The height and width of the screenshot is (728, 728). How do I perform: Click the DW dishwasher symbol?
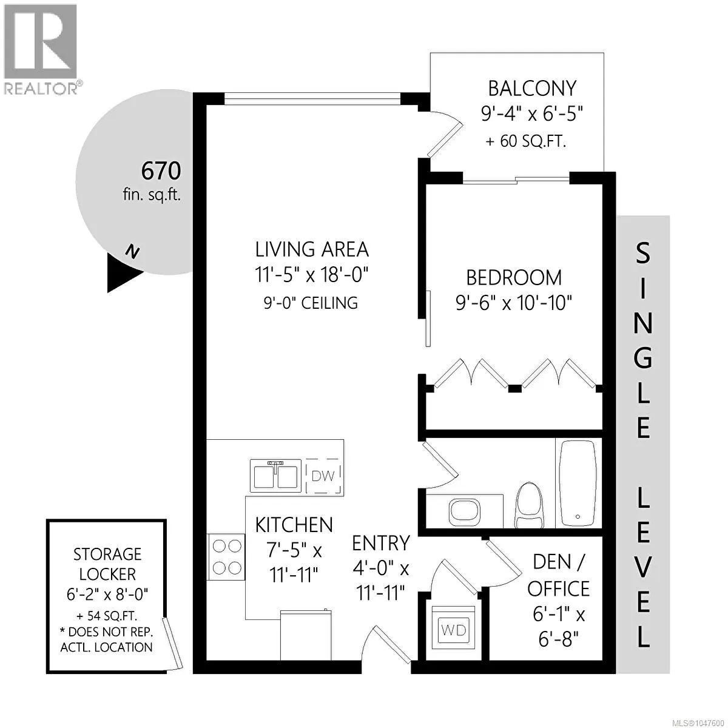coord(325,476)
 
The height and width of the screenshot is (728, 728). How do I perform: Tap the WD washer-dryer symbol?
coord(454,630)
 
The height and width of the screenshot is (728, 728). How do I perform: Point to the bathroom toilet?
coord(530,505)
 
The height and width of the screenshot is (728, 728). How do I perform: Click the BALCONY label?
coord(532,89)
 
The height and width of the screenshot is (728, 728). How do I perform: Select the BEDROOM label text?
coord(514,278)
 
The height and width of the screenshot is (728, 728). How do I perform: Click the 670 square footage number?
coord(161,171)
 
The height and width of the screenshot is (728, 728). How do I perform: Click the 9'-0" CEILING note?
coord(311,303)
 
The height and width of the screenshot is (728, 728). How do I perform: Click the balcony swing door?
coord(444,134)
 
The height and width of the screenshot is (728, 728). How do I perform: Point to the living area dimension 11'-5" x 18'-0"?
coord(312,275)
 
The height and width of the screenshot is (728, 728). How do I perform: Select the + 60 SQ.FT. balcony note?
coord(526,142)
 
